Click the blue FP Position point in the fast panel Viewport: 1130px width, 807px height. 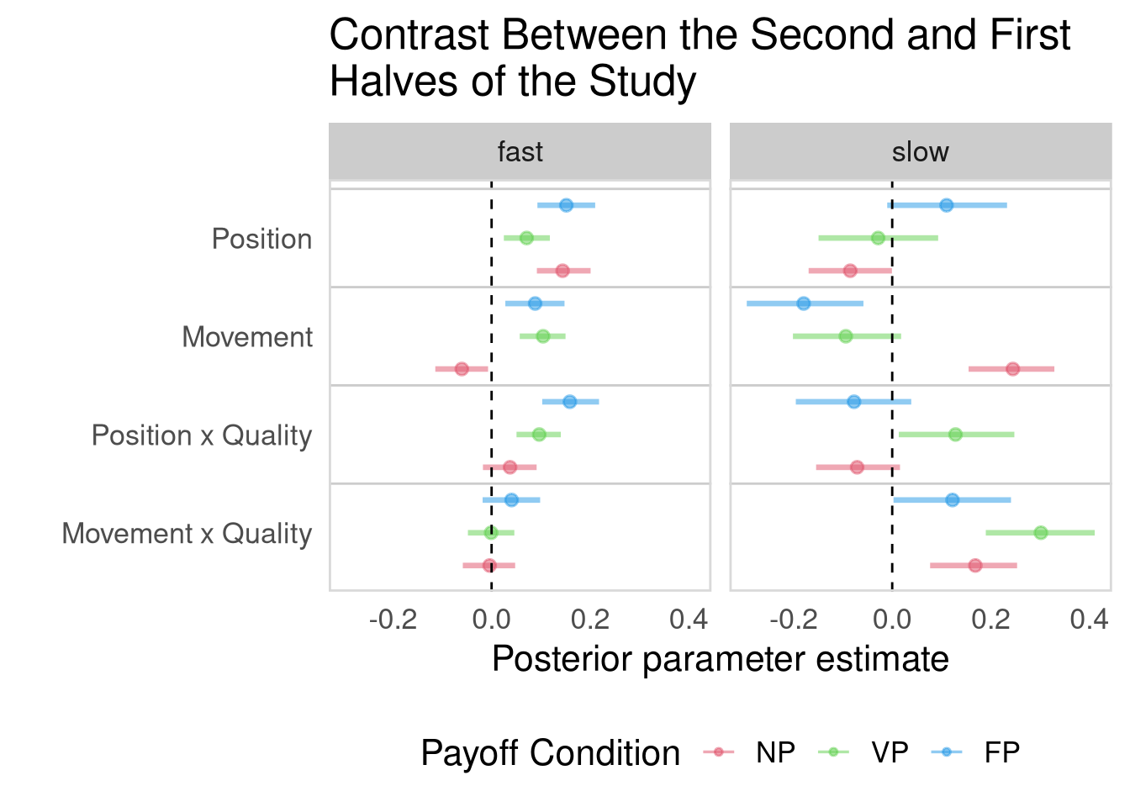point(566,205)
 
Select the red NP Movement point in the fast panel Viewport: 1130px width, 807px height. point(462,369)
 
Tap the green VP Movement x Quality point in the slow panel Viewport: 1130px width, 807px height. point(1041,532)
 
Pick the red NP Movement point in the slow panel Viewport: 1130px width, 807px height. point(1012,369)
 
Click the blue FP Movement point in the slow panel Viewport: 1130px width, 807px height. point(804,303)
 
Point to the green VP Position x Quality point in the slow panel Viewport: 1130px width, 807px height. point(955,435)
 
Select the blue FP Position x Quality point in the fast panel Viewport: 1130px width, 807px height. point(569,402)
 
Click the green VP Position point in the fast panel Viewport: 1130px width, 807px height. point(526,238)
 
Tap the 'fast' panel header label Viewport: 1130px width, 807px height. point(520,152)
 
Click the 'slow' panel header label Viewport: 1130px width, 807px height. point(920,152)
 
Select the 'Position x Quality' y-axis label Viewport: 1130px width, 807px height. point(202,435)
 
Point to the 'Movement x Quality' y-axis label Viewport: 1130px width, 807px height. point(187,534)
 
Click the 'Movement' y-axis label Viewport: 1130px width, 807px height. point(247,337)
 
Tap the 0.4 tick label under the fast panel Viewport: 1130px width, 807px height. point(689,620)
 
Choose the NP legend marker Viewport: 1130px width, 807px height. point(719,752)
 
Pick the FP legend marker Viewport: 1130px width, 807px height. point(948,752)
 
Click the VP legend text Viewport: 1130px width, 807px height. point(890,752)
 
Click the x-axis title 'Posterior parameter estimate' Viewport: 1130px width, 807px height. point(720,659)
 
